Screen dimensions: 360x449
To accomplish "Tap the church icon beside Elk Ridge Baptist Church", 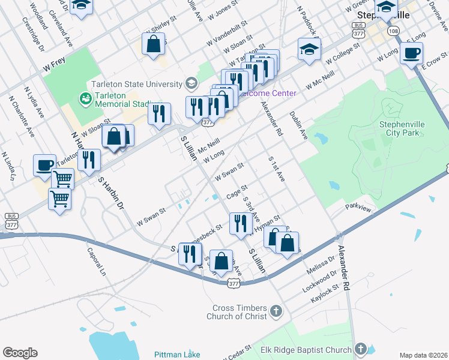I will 360,349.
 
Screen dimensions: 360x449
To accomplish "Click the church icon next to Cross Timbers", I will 276,310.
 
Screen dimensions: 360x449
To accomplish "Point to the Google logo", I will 20,353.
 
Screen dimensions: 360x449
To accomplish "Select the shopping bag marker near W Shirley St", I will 154,44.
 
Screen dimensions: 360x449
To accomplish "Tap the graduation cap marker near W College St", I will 309,50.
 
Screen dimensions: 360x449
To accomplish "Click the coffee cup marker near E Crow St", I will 411,54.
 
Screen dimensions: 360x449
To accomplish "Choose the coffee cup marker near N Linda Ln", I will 44,166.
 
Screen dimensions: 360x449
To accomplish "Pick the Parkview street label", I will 358,207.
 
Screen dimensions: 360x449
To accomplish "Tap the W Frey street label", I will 53,71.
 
